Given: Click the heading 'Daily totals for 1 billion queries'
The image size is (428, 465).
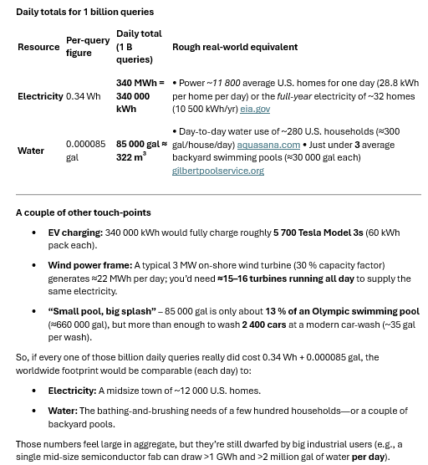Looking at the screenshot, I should coord(84,12).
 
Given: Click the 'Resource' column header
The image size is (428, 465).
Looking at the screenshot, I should coord(38,47).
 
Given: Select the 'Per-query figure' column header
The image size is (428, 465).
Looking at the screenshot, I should coord(87,47).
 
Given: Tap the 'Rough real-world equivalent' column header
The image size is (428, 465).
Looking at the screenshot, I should coord(234,47).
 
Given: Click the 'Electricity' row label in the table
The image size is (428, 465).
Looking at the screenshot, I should coord(40,96).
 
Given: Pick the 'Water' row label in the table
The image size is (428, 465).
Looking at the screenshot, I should coord(31,151).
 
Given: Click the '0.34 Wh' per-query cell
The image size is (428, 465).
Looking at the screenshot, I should coord(83,96).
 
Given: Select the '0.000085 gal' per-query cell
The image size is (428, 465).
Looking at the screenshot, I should coord(85,151).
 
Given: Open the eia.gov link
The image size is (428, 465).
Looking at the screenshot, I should coord(255,109).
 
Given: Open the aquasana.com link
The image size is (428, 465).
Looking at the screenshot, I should coord(267,145).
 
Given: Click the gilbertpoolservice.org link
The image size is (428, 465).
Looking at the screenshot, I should coord(217,171).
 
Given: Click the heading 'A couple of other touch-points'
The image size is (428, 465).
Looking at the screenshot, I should coord(83,212).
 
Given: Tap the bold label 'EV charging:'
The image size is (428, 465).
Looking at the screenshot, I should coord(75,232).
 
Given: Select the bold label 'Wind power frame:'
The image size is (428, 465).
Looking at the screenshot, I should coord(89,265).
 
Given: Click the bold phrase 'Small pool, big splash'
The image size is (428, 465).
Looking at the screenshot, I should coord(102,311).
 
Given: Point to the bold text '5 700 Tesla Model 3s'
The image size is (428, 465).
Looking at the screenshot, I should coord(318,232).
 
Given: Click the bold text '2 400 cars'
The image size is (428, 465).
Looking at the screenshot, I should coord(264,324).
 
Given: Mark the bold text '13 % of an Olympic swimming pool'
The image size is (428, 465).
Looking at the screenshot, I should coord(342,311).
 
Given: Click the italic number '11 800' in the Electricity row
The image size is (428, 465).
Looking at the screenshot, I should coord(226,84).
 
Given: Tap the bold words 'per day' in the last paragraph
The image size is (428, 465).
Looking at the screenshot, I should coord(368,457).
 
